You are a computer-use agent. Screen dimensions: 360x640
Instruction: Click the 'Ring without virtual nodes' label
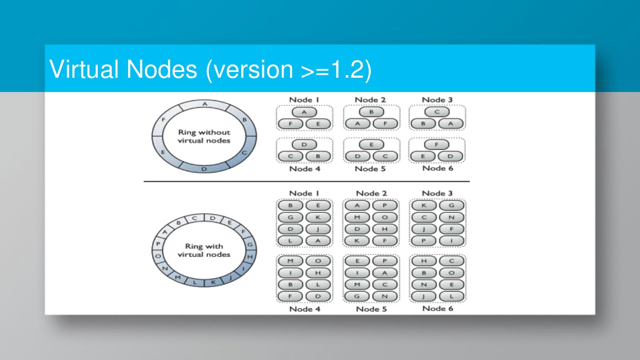204,136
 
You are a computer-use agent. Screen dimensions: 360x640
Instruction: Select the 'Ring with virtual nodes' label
204,250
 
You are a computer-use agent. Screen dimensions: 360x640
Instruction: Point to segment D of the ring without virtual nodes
204,169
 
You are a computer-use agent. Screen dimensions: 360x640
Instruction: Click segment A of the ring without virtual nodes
205,104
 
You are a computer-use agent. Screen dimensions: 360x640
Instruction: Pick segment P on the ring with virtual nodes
158,244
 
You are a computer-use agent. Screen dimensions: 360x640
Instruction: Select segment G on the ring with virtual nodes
249,244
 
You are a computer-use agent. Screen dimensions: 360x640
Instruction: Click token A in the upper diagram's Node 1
304,112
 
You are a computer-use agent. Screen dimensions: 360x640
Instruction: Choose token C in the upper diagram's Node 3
437,112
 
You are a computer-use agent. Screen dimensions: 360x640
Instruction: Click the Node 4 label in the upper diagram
304,169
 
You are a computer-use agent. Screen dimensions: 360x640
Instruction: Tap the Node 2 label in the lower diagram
371,193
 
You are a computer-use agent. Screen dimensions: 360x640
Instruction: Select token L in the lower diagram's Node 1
291,240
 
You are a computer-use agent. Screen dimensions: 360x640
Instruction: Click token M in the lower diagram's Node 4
291,260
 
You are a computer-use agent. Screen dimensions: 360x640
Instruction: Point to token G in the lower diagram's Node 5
357,296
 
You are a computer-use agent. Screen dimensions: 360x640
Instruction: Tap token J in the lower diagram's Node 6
424,296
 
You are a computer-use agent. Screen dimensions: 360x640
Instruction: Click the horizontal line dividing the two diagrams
306,182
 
